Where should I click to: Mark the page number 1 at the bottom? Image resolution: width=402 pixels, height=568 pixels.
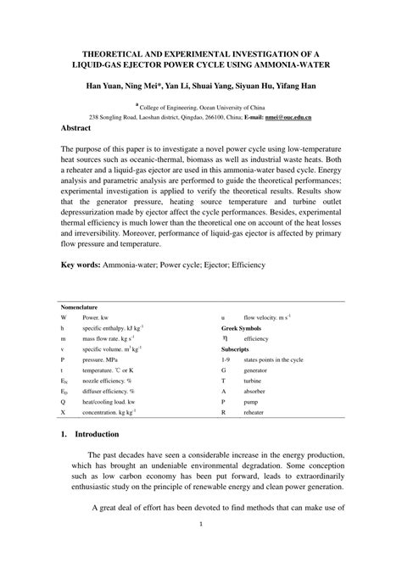tap(201, 547)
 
